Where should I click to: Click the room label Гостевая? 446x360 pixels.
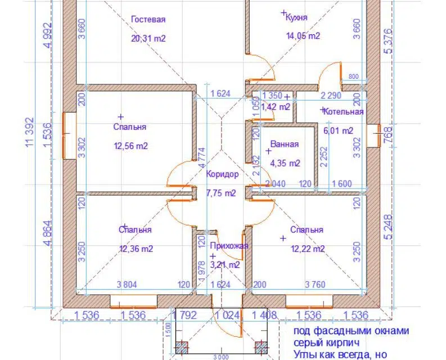pyautogui.click(x=148, y=20)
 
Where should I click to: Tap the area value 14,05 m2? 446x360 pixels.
pyautogui.click(x=303, y=36)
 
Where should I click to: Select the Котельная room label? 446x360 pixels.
pyautogui.click(x=344, y=112)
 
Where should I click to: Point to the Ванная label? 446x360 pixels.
pyautogui.click(x=284, y=145)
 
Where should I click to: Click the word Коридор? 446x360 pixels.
pyautogui.click(x=222, y=174)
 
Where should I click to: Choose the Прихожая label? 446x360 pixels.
pyautogui.click(x=228, y=246)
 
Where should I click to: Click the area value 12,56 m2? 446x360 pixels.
pyautogui.click(x=130, y=146)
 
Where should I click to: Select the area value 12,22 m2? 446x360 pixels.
pyautogui.click(x=307, y=249)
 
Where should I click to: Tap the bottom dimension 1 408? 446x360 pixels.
pyautogui.click(x=264, y=316)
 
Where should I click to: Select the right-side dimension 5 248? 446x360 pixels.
pyautogui.click(x=388, y=228)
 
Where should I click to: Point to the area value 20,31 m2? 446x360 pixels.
pyautogui.click(x=148, y=39)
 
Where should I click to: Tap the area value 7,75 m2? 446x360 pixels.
pyautogui.click(x=221, y=193)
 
